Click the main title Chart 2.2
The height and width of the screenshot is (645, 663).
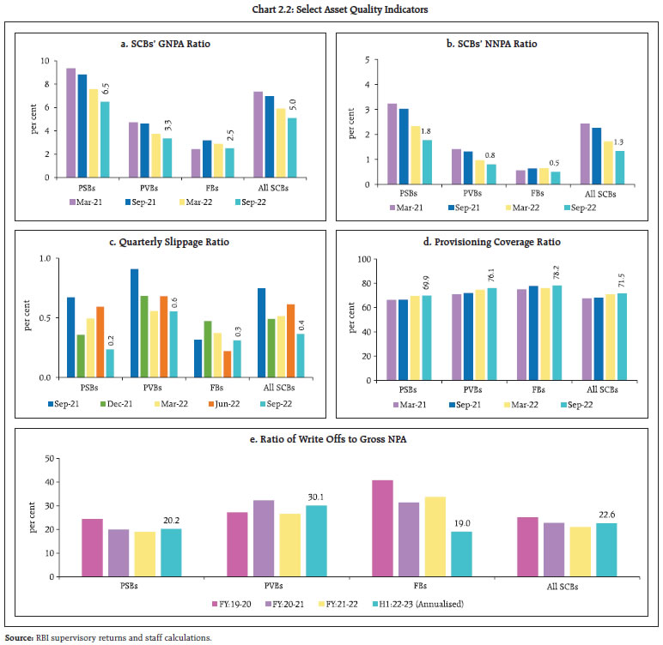(x=331, y=9)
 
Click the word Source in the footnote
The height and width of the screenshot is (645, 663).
(x=17, y=638)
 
